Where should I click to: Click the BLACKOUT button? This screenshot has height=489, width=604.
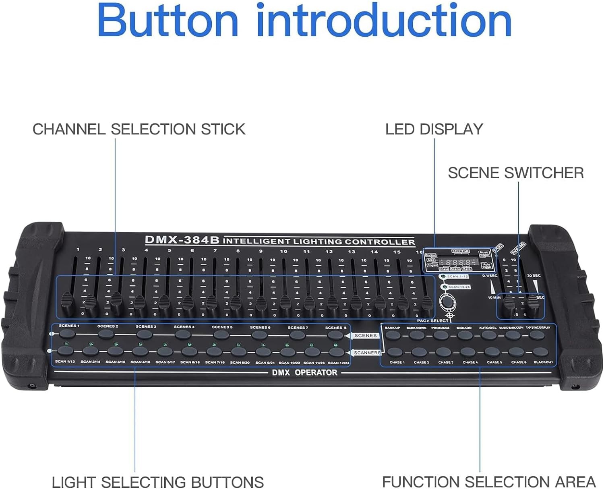(541, 352)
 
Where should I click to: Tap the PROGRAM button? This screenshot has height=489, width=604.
(441, 335)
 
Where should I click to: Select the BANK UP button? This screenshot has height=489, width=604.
(393, 335)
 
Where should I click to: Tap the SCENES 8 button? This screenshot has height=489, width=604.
(335, 335)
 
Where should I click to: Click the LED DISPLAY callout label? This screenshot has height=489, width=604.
(434, 129)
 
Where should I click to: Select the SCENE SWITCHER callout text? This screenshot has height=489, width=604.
(515, 173)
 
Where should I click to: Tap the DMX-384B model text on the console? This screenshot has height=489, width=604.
(182, 240)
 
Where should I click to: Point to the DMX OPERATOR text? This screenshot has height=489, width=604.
(304, 373)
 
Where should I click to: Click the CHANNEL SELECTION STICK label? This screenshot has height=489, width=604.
(139, 129)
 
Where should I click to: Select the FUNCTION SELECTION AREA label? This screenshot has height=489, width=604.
(488, 481)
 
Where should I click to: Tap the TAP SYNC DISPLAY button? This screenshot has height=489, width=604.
(537, 335)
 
